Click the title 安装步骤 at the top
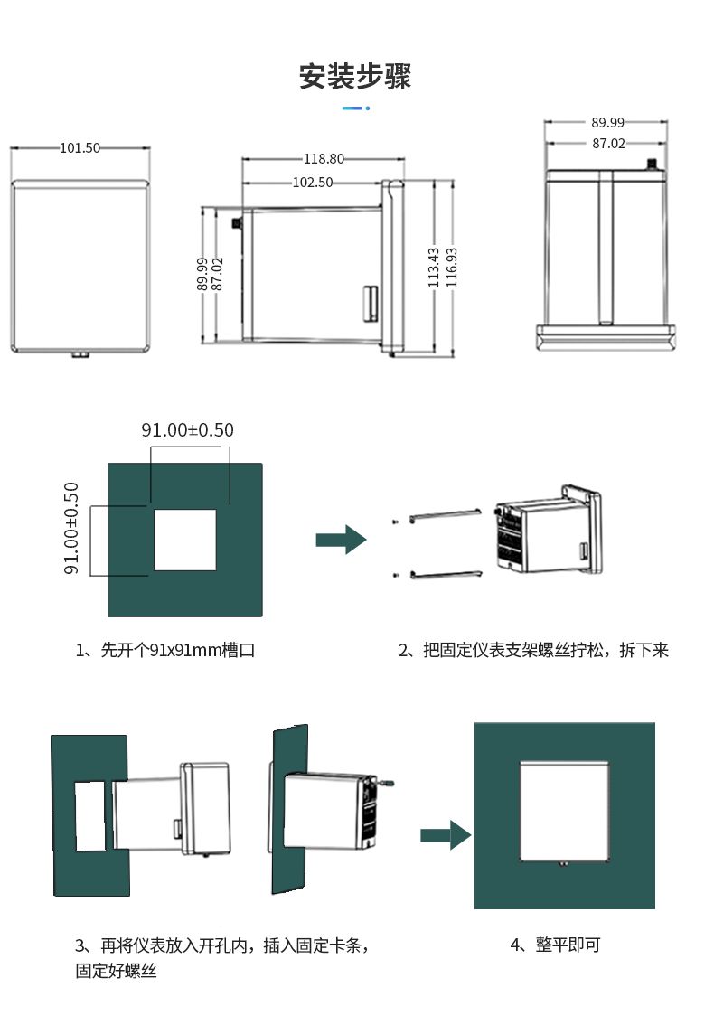[x=355, y=77]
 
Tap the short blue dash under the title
[x=356, y=108]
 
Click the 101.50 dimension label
[x=80, y=148]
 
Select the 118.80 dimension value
[x=323, y=159]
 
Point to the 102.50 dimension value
[x=313, y=182]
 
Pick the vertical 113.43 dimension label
[x=434, y=268]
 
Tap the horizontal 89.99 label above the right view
[x=608, y=122]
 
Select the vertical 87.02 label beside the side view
[x=217, y=274]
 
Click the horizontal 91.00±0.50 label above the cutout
[x=187, y=430]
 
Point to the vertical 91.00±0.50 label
[x=71, y=529]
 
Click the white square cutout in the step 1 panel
[x=184, y=540]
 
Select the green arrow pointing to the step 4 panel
[x=446, y=835]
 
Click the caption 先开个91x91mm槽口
[x=165, y=650]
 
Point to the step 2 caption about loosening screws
[x=533, y=650]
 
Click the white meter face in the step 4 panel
[x=565, y=811]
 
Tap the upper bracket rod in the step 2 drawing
[x=445, y=515]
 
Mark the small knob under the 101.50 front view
[x=80, y=354]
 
